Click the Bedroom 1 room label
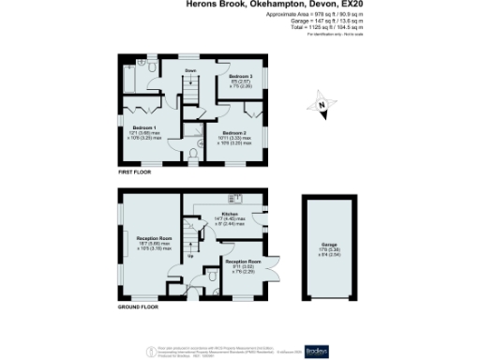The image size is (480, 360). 143,127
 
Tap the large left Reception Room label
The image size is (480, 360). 151,239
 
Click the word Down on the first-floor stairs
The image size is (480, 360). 190,70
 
